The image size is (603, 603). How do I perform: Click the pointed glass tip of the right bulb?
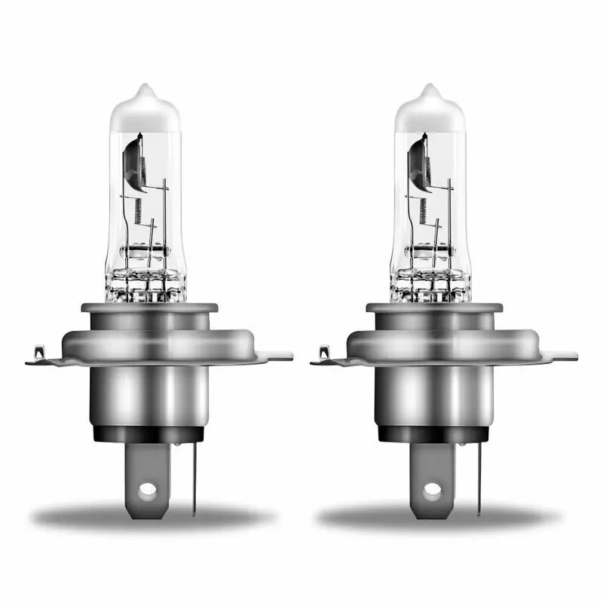tap(429, 90)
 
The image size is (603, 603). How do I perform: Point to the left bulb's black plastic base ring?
tap(151, 433)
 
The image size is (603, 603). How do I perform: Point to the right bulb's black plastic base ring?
tap(436, 433)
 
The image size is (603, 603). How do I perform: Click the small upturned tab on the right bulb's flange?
tap(323, 352)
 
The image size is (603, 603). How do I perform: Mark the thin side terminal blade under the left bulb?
tap(194, 475)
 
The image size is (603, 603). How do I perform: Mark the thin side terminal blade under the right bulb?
tap(479, 475)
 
